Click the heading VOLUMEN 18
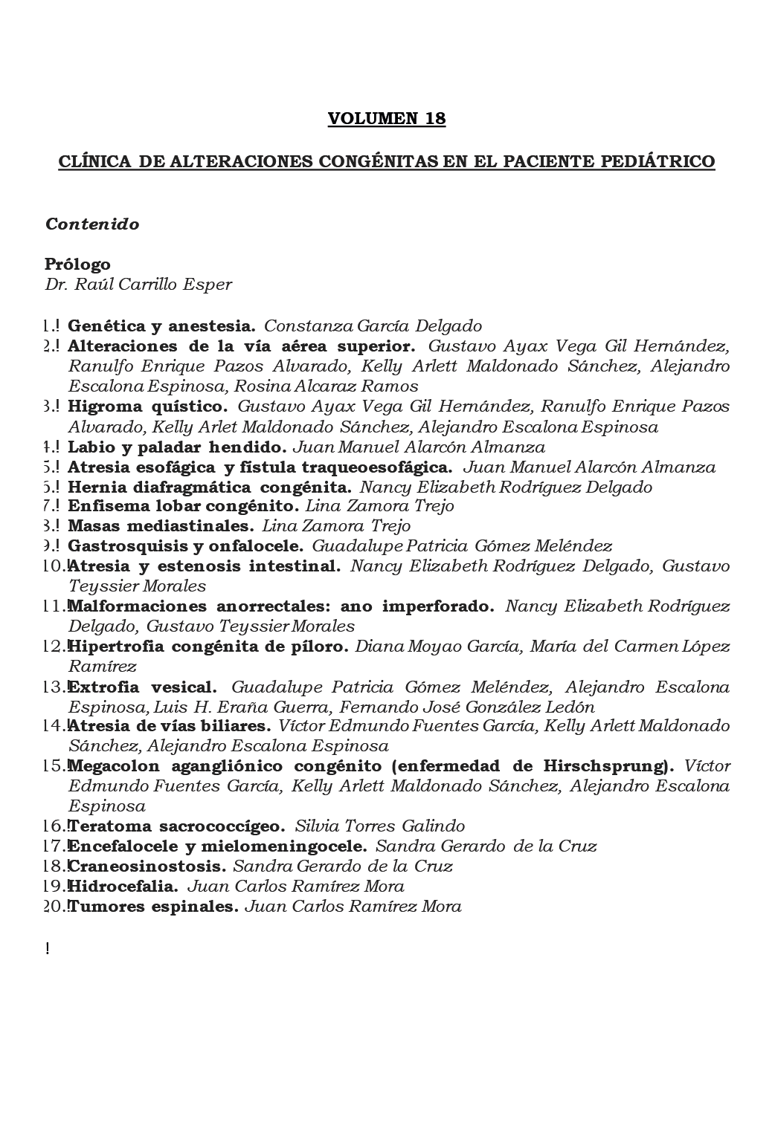387,119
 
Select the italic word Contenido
92,224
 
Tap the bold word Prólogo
77,264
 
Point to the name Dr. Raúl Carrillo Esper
138,285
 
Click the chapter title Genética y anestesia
161,325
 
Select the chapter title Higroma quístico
147,406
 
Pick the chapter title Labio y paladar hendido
177,447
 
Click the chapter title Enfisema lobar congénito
183,506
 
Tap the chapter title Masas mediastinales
160,526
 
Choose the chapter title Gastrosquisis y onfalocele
185,546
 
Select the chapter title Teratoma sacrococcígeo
176,826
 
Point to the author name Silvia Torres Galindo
379,826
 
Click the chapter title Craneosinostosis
147,866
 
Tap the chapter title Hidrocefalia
123,887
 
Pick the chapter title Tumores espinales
153,907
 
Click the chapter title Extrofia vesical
142,687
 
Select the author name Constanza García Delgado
373,325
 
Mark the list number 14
55,726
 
